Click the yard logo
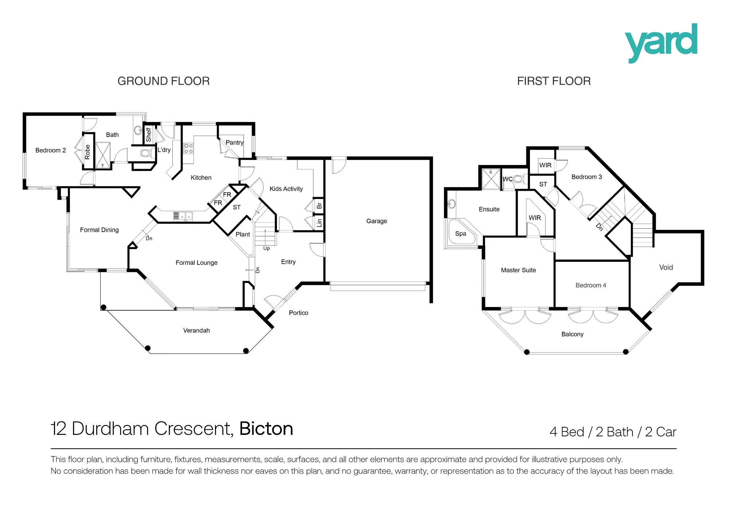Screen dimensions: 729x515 [661, 43]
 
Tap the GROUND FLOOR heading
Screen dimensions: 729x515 [164, 81]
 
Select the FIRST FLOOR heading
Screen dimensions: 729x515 [554, 81]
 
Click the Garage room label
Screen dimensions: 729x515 [377, 221]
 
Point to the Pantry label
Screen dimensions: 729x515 [234, 142]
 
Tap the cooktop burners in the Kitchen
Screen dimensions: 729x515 [188, 148]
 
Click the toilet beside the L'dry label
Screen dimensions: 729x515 [147, 153]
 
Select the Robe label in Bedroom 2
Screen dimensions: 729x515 [87, 152]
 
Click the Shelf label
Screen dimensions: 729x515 [148, 134]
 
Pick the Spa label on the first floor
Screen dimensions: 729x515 [460, 234]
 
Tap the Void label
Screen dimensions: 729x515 [666, 267]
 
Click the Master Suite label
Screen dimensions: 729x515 [518, 270]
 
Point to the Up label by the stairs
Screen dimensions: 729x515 [266, 248]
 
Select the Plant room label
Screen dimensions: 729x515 [243, 234]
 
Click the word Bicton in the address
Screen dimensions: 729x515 [266, 428]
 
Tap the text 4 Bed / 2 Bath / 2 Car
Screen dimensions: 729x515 [613, 432]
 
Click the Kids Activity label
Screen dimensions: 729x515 [286, 189]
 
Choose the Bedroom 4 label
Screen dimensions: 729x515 [591, 285]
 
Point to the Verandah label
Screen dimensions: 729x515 [196, 330]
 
